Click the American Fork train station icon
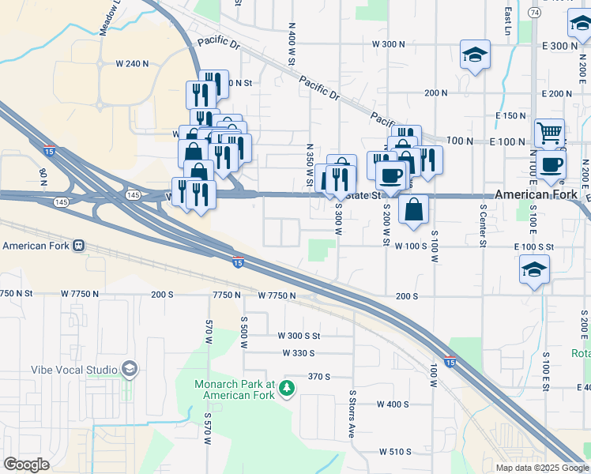pos(78,245)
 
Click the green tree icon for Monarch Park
pos(288,387)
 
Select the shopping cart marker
pos(549,132)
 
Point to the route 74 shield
pos(535,13)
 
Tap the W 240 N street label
pos(132,63)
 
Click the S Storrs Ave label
pos(352,413)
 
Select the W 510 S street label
pos(395,452)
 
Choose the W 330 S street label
pos(298,353)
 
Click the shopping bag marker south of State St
pos(414,209)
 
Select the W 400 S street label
pos(393,404)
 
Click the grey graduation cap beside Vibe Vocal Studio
pos(129,369)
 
